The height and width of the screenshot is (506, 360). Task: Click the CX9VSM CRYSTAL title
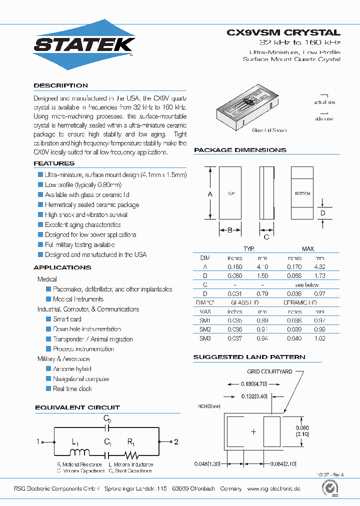point(283,32)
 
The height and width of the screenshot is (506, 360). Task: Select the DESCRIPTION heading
point(60,85)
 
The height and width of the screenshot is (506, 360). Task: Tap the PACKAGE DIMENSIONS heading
point(240,150)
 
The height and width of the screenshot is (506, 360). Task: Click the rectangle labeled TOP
point(230,193)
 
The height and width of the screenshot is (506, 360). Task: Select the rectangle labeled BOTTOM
point(302,193)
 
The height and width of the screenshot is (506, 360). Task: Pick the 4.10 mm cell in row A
point(262,267)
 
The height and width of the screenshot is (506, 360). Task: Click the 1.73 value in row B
point(319,275)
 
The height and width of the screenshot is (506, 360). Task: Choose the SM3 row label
point(205,338)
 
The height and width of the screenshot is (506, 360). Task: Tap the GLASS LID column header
point(244,302)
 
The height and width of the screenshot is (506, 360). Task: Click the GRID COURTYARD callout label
point(269,372)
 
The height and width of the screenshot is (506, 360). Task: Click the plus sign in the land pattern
point(253,431)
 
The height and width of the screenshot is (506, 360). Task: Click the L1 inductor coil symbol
point(78,453)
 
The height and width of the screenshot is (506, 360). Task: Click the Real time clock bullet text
point(72,388)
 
